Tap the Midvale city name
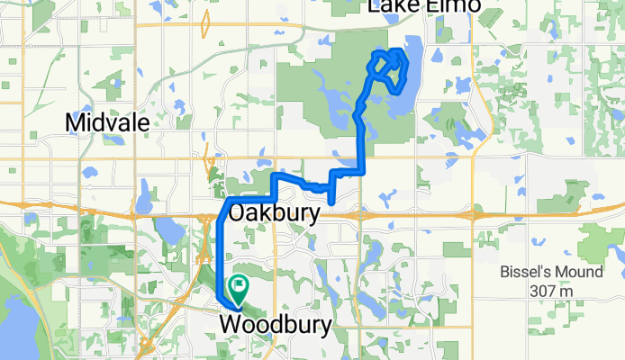(106, 122)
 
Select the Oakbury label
(276, 214)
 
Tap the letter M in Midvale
(76, 122)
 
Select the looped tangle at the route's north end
(388, 67)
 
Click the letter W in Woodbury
(230, 323)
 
